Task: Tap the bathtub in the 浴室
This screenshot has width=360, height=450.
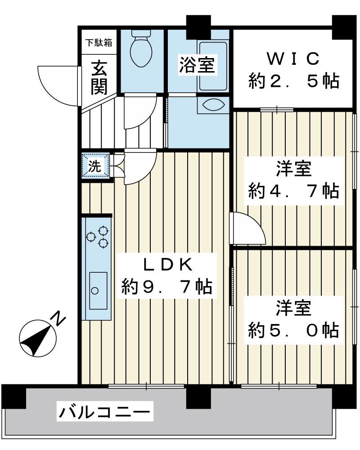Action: tap(213, 66)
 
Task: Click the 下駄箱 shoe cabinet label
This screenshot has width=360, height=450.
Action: tap(99, 43)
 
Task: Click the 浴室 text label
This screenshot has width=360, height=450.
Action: tap(196, 65)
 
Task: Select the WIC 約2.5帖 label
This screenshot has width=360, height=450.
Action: tap(293, 70)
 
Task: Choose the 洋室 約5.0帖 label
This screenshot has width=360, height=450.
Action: tap(293, 321)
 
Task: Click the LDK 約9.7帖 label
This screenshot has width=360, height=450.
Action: tap(167, 276)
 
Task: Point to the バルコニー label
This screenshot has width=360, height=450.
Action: tap(104, 412)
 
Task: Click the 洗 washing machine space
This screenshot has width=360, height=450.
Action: tap(95, 166)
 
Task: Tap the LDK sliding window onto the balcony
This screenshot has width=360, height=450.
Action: tap(146, 386)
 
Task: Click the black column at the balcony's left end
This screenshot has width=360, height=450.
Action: tap(13, 396)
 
